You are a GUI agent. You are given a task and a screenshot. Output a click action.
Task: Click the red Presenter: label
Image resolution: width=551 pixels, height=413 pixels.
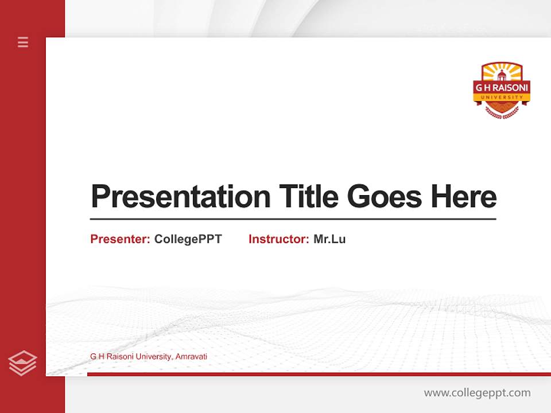[120, 239]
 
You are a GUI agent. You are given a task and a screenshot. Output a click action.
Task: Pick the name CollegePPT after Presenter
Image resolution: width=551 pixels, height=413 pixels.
[188, 239]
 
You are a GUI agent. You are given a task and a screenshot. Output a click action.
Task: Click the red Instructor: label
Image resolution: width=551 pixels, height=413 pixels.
[278, 239]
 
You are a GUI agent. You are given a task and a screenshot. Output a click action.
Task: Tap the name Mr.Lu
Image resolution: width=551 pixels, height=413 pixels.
[329, 239]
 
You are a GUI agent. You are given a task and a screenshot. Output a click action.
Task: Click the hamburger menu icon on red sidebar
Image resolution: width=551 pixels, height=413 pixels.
[23, 42]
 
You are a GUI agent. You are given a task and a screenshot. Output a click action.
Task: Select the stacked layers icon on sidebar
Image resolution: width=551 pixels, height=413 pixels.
[22, 363]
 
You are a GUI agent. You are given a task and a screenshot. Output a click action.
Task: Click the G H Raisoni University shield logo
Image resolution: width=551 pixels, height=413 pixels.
[502, 89]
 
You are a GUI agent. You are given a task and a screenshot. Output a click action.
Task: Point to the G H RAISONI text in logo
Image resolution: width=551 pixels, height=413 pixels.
[502, 88]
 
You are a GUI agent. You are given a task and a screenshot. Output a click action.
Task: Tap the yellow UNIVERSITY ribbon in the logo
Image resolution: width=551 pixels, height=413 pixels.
[502, 98]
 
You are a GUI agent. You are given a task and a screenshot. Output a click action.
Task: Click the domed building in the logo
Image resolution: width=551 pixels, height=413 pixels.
[502, 75]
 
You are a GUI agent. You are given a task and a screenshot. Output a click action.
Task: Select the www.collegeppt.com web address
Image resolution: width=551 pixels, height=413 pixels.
[477, 393]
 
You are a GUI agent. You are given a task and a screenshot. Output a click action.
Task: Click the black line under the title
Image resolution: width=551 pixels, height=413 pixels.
[293, 219]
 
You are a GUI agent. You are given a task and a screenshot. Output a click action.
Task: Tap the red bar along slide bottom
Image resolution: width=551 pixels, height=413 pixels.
[319, 374]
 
